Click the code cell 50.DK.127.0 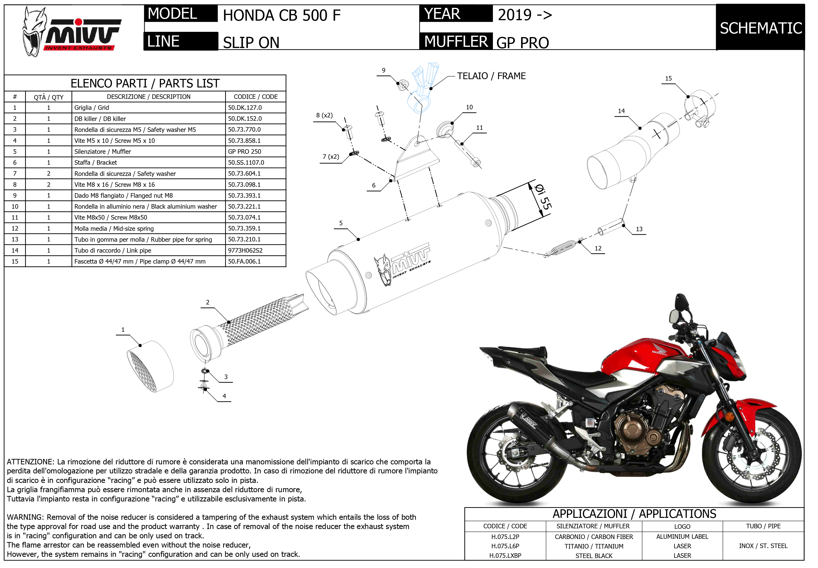[x=245, y=107]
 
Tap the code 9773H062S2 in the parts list [x=245, y=250]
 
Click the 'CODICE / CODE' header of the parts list [x=255, y=97]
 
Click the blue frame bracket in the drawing [x=422, y=89]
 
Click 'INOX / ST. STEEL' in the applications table [x=763, y=546]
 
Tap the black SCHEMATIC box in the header [x=760, y=28]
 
